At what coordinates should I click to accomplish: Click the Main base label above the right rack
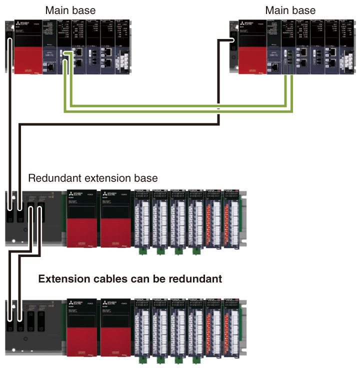(x=290, y=10)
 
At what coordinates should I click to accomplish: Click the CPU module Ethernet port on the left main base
(x=51, y=65)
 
